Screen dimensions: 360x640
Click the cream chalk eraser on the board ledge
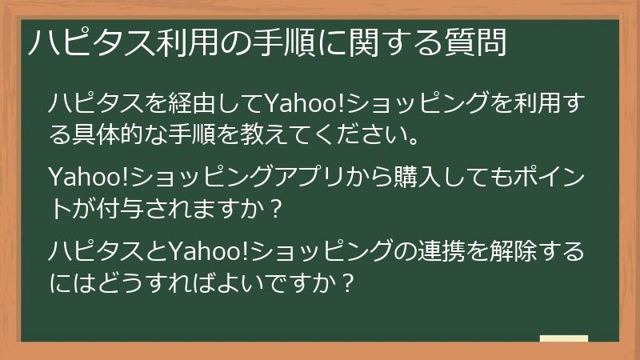coord(564,338)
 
